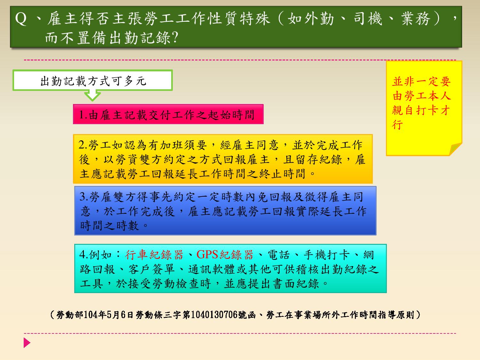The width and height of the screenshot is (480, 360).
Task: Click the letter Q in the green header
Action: tap(21, 19)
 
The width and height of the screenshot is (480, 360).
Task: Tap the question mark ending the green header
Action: tap(175, 37)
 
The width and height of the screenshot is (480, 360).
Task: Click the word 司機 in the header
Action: tap(368, 19)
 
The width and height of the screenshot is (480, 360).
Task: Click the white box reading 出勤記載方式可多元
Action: tap(92, 80)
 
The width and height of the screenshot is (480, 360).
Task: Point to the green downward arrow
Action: tap(92, 96)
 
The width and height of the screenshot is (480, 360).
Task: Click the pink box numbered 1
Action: tap(168, 114)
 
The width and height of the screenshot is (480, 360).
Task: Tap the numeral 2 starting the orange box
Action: tap(82, 145)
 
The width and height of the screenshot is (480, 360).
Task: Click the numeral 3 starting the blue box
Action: tap(83, 196)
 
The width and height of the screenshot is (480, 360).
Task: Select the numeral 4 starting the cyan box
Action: tap(83, 254)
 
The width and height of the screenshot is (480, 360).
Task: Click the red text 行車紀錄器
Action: tap(154, 255)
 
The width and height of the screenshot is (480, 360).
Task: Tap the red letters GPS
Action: tap(207, 255)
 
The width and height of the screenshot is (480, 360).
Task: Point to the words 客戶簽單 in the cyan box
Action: tap(152, 269)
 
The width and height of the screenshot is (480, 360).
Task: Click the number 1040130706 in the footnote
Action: tap(214, 315)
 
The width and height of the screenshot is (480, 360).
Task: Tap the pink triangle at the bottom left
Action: tap(27, 342)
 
